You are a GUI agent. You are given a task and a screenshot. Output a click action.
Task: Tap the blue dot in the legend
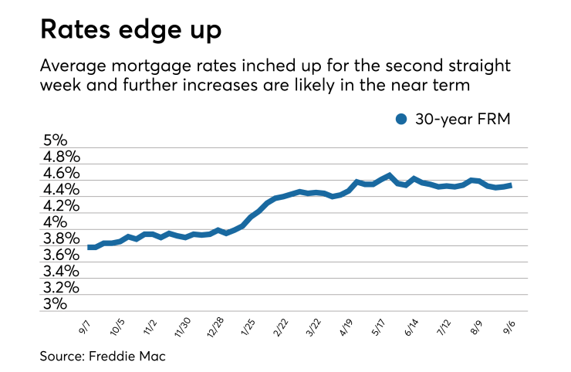400,119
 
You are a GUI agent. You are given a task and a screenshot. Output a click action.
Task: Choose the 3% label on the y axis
56,304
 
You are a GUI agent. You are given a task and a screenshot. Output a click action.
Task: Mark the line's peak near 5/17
390,175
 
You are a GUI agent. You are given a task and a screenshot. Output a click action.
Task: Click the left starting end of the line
89,247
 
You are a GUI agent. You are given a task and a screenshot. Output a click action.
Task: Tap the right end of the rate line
510,185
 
